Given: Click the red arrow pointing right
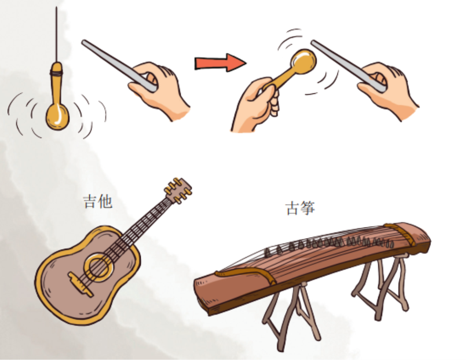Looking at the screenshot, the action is tap(220, 63).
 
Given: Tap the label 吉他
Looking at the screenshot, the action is tap(98, 201).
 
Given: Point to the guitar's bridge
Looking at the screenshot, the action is tap(80, 284).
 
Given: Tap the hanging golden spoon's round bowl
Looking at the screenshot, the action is tap(58, 117).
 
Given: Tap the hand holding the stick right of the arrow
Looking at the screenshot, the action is tap(387, 89).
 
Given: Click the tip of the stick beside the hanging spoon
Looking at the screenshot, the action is tap(83, 42).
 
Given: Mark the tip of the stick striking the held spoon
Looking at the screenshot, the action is tap(313, 42).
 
